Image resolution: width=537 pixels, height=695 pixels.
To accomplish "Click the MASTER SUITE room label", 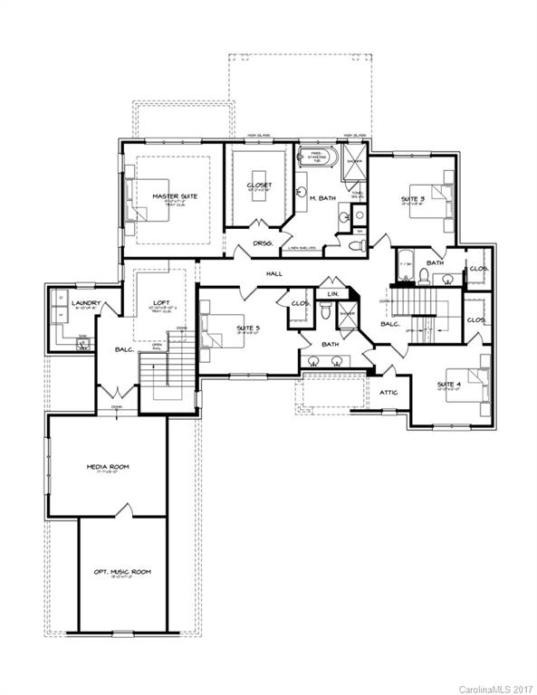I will pyautogui.click(x=175, y=195).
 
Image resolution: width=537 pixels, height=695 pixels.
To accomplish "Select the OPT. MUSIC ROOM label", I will pyautogui.click(x=122, y=572).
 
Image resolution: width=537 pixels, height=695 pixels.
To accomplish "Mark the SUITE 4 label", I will pyautogui.click(x=450, y=385).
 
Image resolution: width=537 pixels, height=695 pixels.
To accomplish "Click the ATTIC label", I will pyautogui.click(x=389, y=392).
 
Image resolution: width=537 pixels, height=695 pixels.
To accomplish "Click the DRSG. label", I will pyautogui.click(x=263, y=243).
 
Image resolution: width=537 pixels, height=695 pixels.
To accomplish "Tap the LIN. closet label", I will pyautogui.click(x=332, y=294).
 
